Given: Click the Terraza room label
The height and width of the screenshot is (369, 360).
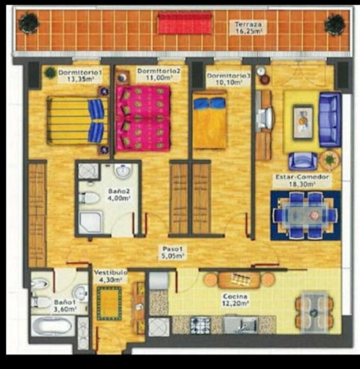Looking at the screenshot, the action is (x=248, y=24).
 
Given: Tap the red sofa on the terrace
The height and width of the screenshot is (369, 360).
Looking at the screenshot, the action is (x=185, y=24).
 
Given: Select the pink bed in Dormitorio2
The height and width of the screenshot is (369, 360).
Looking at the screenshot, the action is (x=143, y=118).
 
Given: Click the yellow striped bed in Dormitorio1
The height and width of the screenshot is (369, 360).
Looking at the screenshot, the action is (x=76, y=120).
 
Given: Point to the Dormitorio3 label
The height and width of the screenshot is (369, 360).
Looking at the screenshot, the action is (x=228, y=76).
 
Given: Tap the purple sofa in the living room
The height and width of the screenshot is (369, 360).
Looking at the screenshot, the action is (x=330, y=119).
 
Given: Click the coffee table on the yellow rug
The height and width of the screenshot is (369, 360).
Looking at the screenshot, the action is (x=303, y=122).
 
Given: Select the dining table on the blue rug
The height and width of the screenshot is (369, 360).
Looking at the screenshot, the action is (x=306, y=215).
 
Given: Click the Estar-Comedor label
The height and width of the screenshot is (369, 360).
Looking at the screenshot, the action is (x=302, y=177).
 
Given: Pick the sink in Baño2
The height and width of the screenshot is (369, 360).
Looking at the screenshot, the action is (x=122, y=171).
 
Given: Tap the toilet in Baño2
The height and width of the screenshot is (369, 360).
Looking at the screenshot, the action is (x=89, y=198).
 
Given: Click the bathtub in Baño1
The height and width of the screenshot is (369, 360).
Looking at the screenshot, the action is (x=52, y=326).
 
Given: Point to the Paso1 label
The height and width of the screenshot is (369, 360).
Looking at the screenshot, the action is (x=173, y=249).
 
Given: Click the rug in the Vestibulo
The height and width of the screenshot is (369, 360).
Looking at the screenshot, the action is (x=109, y=304).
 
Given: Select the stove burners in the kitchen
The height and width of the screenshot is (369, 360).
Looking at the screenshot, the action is (x=200, y=325).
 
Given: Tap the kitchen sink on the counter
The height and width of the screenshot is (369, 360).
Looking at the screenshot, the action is (x=241, y=325).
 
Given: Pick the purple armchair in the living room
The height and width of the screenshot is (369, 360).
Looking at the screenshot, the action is (x=303, y=161).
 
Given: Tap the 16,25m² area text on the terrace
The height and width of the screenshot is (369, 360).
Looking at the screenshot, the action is (x=249, y=31).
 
